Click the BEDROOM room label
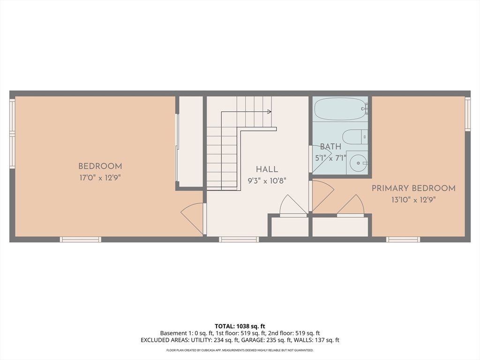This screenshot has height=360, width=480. click(x=100, y=166)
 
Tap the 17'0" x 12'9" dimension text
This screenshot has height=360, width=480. click(x=100, y=178)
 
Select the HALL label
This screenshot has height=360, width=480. click(x=267, y=170)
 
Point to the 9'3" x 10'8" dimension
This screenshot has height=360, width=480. click(x=267, y=180)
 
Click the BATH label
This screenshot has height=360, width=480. click(x=330, y=147)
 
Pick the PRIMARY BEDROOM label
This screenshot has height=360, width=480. click(x=413, y=188)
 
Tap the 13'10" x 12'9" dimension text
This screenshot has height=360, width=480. click(x=413, y=199)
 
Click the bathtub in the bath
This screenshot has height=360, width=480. click(x=340, y=109)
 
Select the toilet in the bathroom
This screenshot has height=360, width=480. click(x=354, y=137)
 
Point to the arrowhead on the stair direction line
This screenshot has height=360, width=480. click(x=270, y=112)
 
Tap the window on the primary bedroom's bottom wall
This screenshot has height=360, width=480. click(x=403, y=240)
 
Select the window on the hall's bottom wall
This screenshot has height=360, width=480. click(x=239, y=240)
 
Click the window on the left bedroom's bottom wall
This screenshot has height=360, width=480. click(x=80, y=240)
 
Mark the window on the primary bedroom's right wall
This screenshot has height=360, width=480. click(x=467, y=114)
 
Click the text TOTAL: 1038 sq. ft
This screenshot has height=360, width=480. click(x=240, y=326)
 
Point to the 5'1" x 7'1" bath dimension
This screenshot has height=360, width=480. click(x=331, y=158)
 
